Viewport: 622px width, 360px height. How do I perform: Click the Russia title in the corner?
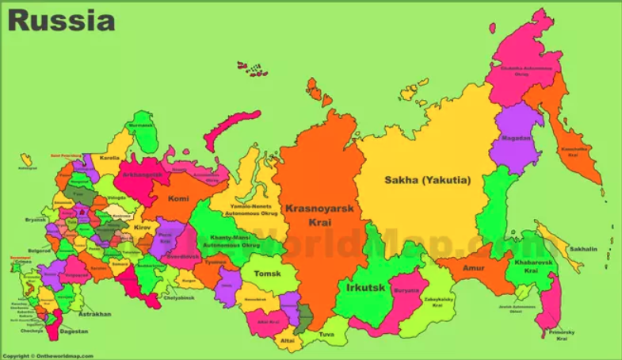coord(62,20)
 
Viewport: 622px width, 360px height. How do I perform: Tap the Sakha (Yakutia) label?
coord(427,180)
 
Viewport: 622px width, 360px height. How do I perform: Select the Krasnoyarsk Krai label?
coord(319,214)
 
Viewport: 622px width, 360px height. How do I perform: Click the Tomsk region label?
coord(267,274)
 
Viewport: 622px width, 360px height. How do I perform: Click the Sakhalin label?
coord(582,249)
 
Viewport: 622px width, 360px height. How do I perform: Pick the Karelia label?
coord(109,158)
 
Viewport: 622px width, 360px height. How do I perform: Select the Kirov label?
coord(143,228)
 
